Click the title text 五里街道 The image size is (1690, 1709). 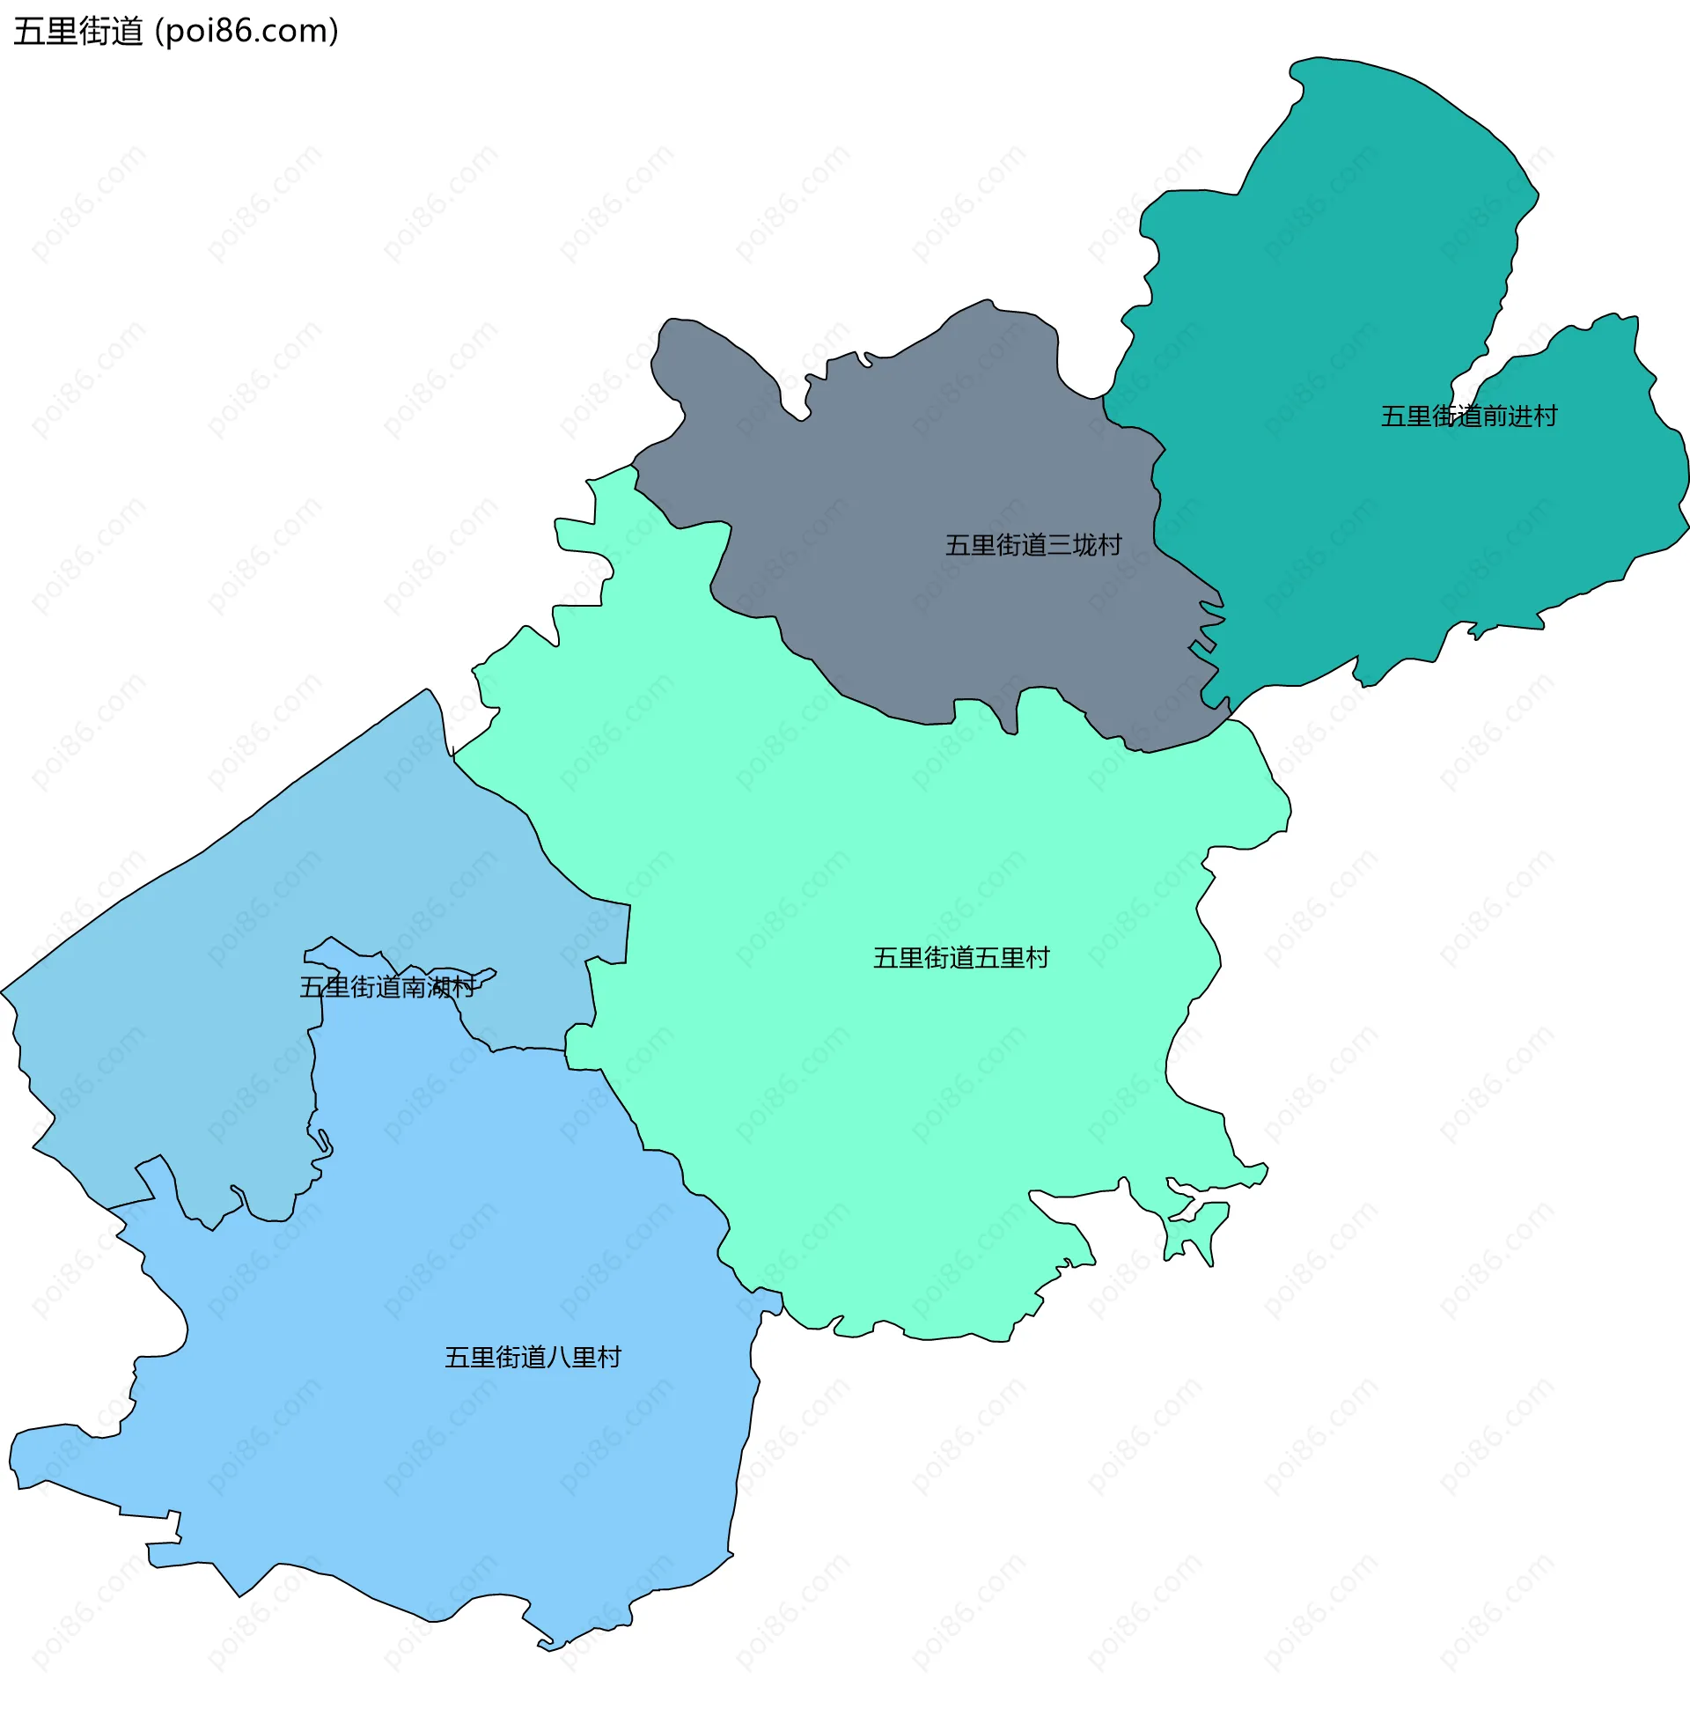(x=77, y=32)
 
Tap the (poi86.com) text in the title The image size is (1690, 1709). (x=246, y=32)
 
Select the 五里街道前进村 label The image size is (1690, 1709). (x=1468, y=416)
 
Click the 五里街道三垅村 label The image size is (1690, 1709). (x=1033, y=545)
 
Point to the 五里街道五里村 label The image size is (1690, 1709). (x=960, y=958)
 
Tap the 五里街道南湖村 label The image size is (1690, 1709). (x=387, y=987)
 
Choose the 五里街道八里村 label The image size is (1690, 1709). (x=533, y=1358)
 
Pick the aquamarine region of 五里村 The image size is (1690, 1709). (x=885, y=1106)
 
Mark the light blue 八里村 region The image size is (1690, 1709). (x=442, y=1460)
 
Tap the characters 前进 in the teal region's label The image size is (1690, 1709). (x=1506, y=416)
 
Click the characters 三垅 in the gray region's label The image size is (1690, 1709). (x=1071, y=545)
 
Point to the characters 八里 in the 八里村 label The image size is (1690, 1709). (x=570, y=1358)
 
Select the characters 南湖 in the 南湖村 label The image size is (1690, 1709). (x=425, y=987)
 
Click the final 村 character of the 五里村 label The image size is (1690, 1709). (x=1037, y=958)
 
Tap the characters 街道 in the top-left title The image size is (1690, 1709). (x=111, y=32)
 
